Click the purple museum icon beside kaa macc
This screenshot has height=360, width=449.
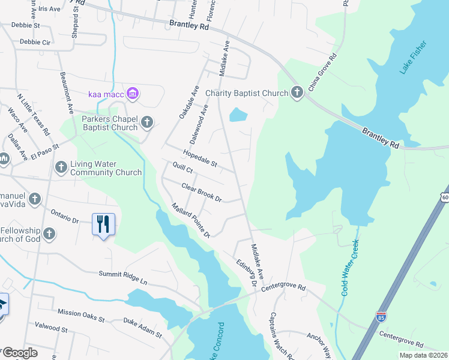(x=133, y=94)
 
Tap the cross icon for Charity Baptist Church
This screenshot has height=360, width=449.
(x=297, y=92)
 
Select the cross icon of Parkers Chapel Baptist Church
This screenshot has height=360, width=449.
(x=146, y=123)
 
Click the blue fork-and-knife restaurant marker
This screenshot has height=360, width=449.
(x=103, y=224)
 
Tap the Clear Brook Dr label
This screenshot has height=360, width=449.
(x=202, y=192)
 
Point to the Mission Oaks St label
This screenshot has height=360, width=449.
(x=81, y=313)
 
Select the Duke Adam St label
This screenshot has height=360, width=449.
(x=143, y=329)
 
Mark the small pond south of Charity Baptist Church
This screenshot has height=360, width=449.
(x=238, y=114)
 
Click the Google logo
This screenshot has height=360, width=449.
(x=20, y=352)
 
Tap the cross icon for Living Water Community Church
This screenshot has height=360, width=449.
(x=61, y=167)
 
